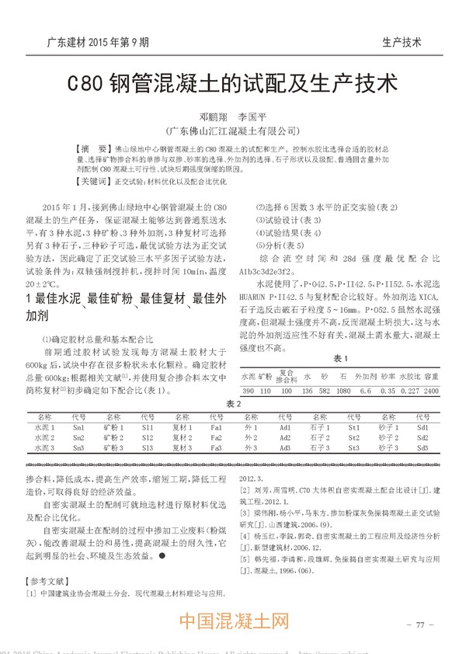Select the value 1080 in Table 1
(x=343, y=391)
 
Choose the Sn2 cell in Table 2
(x=78, y=437)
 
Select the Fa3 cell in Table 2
(x=217, y=447)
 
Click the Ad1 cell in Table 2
(x=285, y=427)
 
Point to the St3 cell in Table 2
(x=354, y=447)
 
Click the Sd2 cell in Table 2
(x=423, y=437)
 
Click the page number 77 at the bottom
(x=419, y=624)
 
